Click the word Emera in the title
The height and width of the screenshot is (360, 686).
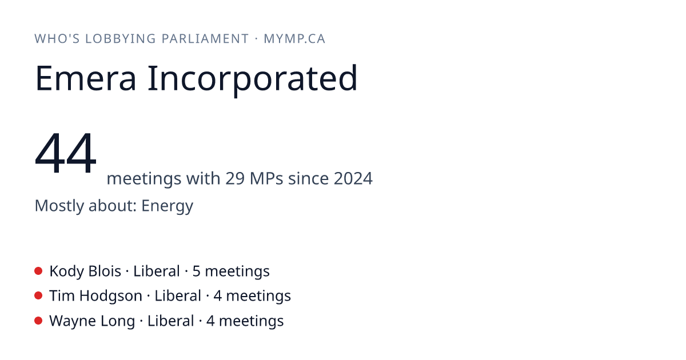coord(85,78)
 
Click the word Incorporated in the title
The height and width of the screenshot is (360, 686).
coord(253,80)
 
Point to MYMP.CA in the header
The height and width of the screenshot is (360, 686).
coord(294,39)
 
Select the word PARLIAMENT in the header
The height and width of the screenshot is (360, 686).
coord(205,39)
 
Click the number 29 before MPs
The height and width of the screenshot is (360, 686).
coord(235,178)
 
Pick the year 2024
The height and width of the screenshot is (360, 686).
coord(353,178)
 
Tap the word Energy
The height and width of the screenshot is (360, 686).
coord(167,206)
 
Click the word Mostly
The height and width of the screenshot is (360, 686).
coord(59,206)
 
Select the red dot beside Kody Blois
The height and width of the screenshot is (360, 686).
coord(38,271)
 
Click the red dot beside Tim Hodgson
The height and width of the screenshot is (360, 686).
coord(38,295)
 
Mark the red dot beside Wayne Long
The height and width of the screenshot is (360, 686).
coord(38,321)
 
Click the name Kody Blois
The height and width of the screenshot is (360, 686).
coord(85,271)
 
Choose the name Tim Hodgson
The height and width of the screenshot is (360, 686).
coord(96,297)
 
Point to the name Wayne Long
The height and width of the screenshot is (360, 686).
coord(92,321)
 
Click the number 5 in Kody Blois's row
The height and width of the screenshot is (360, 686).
coord(196,271)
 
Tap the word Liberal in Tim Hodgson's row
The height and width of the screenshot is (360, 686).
coord(178,296)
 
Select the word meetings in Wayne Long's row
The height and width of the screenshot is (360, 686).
coord(252,321)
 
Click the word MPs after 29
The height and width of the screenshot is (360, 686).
coord(266,178)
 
